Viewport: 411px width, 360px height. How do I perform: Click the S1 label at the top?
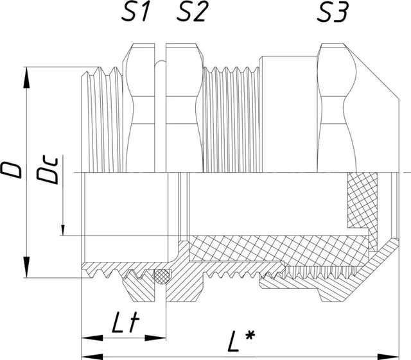pos(136,12)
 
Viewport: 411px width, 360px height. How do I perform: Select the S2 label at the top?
pos(191,12)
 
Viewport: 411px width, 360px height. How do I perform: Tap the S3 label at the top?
pos(333,12)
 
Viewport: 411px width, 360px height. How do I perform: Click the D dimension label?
pos(11,169)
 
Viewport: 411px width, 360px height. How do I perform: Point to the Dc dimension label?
pos(47,170)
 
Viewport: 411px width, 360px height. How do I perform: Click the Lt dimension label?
pos(125,322)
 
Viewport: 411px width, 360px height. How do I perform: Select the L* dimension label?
pos(241,341)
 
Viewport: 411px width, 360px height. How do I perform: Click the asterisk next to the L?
pos(250,336)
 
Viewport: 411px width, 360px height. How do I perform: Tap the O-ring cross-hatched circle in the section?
pos(162,276)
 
